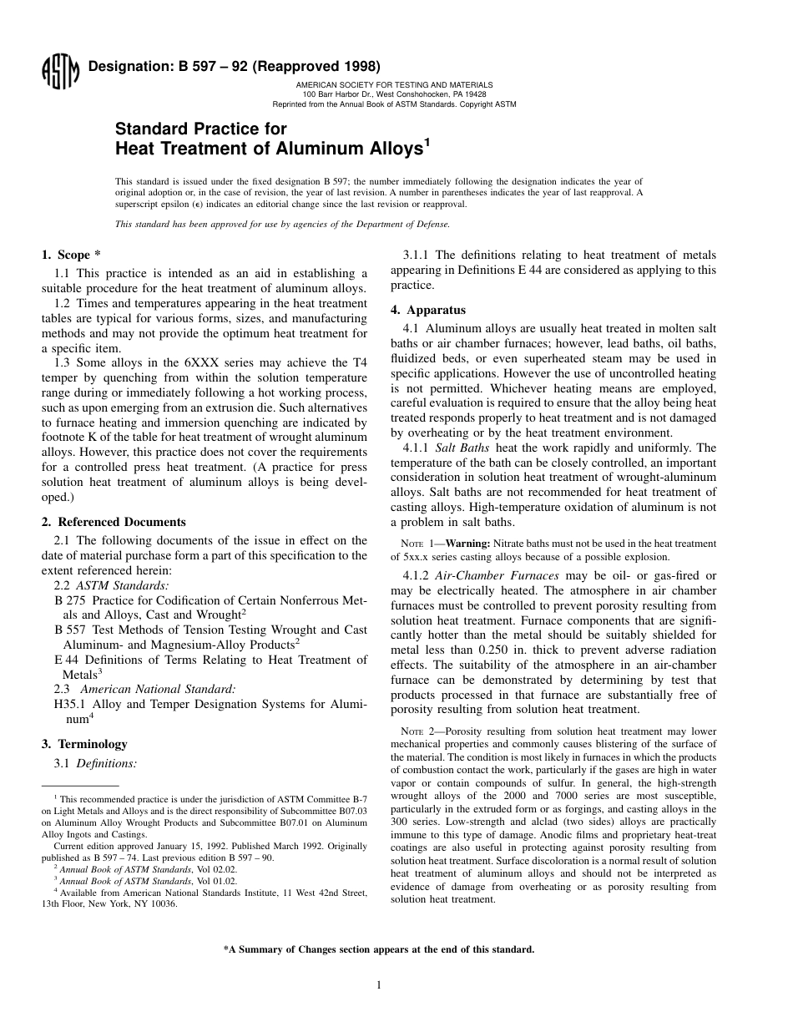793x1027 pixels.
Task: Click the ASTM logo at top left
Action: (x=60, y=72)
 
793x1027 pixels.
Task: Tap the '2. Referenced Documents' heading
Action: (x=114, y=522)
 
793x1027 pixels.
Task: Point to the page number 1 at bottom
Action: (x=378, y=985)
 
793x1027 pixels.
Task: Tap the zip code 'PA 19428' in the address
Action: (x=469, y=94)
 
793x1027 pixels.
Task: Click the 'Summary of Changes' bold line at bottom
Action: (x=378, y=949)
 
